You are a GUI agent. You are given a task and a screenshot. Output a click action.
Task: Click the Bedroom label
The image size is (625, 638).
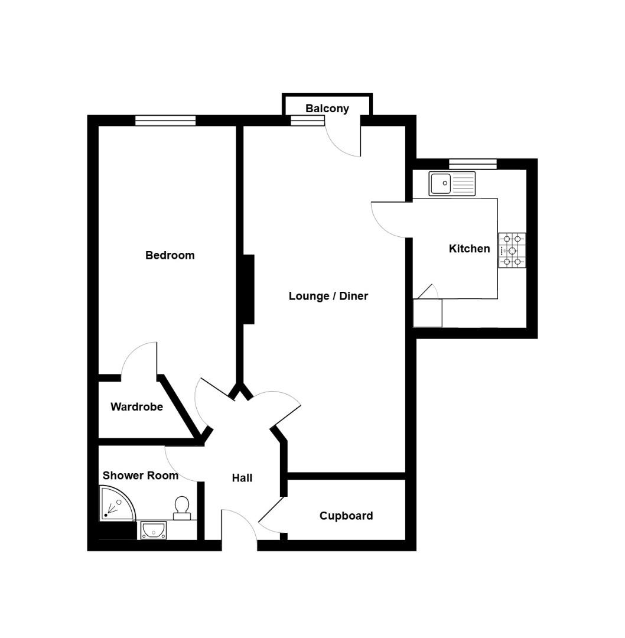click(x=170, y=255)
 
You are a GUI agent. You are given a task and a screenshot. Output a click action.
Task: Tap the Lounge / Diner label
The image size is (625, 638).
click(x=328, y=296)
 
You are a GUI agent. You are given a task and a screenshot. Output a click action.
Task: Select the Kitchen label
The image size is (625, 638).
click(x=469, y=249)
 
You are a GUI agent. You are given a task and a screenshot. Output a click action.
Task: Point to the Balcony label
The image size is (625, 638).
click(x=327, y=109)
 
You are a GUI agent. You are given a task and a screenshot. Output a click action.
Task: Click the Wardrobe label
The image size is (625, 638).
click(x=136, y=407)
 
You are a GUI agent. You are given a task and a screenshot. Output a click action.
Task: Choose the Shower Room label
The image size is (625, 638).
click(x=140, y=476)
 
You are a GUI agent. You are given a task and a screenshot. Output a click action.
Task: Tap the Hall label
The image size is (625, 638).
click(x=242, y=478)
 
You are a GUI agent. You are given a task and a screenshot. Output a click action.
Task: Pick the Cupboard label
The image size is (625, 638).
click(x=346, y=516)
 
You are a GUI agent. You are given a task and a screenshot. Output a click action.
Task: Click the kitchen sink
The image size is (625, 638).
click(x=452, y=183)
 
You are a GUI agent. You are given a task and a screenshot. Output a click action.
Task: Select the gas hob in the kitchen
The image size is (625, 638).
click(x=512, y=250)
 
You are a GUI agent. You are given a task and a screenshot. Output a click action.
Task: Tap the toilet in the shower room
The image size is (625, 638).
click(x=181, y=507)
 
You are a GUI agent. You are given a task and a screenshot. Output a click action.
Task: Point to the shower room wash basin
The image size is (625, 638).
click(x=153, y=530)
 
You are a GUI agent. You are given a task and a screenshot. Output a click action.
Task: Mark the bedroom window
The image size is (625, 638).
click(x=165, y=121)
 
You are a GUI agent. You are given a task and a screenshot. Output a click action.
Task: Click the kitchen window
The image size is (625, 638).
click(x=472, y=164)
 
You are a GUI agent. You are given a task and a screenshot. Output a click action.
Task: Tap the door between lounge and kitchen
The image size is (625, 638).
click(x=390, y=220)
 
